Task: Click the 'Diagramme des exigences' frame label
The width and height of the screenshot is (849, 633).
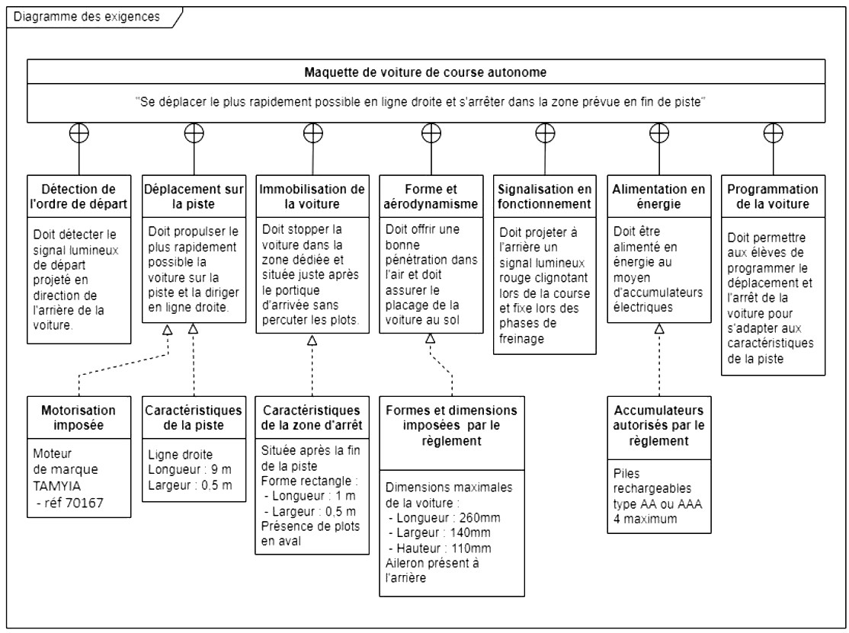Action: point(87,17)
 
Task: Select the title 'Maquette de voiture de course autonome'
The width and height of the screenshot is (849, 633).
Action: point(425,72)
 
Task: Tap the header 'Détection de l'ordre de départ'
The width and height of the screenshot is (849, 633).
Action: point(79,197)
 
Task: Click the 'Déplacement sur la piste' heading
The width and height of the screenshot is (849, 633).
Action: point(194,197)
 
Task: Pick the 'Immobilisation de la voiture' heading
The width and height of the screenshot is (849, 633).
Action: point(312,197)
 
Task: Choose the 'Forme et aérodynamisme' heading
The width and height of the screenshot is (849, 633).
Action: point(431,197)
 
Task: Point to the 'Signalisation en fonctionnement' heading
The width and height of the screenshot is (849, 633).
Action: point(545,197)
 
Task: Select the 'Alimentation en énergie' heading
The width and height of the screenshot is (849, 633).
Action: point(659,197)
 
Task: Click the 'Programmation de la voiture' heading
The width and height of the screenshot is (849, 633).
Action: point(773,197)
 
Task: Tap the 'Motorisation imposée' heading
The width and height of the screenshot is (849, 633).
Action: point(78,417)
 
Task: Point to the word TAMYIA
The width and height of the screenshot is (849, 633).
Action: point(57,486)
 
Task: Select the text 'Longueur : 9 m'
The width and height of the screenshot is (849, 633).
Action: point(190,470)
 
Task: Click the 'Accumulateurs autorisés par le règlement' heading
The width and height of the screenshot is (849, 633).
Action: point(659,425)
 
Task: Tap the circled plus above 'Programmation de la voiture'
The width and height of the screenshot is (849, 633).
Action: point(774,133)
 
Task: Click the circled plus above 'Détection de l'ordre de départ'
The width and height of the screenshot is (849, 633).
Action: point(79,133)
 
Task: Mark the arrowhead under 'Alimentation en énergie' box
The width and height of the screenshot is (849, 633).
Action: point(659,328)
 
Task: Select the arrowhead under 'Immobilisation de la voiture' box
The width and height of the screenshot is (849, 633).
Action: point(312,340)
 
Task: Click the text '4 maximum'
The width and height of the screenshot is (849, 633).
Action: point(645,520)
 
